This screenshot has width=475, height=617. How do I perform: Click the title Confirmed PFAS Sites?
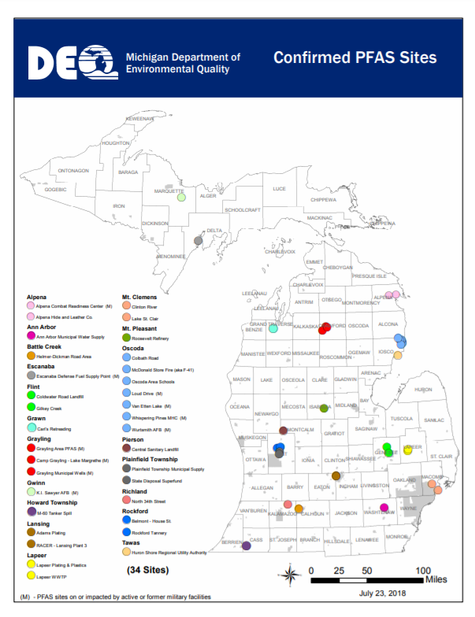coord(354,57)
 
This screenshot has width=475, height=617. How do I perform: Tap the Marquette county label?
coord(169,191)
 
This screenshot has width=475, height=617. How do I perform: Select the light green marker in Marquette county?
coord(181,197)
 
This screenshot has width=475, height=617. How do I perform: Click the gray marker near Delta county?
coord(199,242)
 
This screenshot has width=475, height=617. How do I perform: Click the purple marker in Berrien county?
coord(247,545)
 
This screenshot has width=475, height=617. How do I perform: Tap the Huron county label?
coord(424,390)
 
